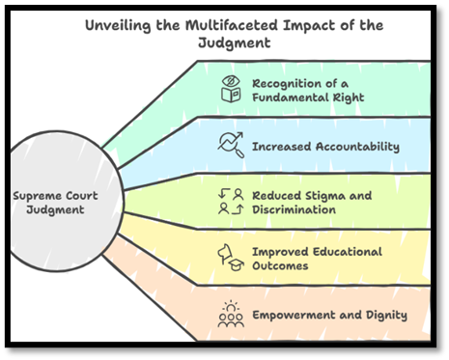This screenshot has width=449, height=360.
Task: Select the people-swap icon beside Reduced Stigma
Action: (x=230, y=203)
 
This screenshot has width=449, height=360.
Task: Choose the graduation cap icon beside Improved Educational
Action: (x=230, y=259)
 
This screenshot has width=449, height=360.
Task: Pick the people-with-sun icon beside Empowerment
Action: (x=230, y=314)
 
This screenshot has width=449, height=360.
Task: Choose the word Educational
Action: (x=347, y=252)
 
